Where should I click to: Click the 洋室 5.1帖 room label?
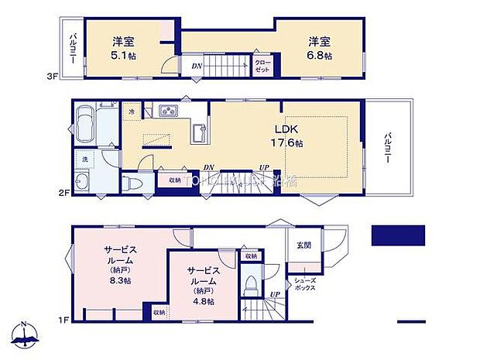click(120, 48)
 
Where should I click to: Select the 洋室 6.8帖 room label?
click(318, 48)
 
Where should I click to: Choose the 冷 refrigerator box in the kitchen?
click(132, 112)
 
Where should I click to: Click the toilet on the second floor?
click(131, 183)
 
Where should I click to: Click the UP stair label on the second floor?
click(264, 167)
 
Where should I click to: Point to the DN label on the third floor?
click(197, 67)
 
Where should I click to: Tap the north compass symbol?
click(25, 334)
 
